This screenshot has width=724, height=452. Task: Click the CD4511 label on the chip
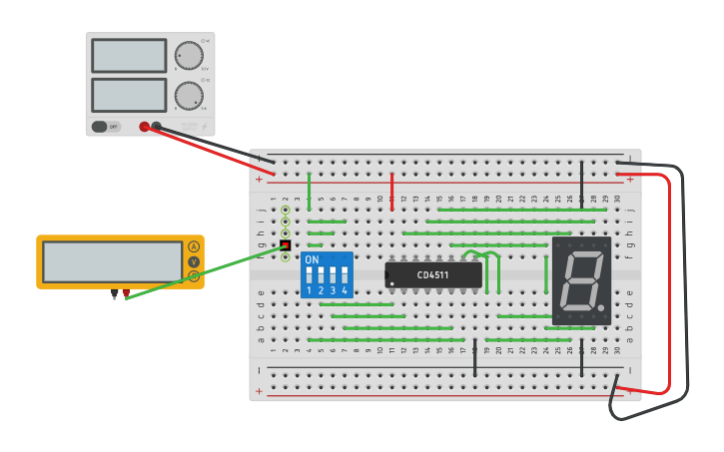(x=433, y=274)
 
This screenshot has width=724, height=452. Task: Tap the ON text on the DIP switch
(x=312, y=260)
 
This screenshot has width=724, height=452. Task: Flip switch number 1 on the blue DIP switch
(x=310, y=274)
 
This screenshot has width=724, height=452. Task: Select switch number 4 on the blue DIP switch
(x=345, y=274)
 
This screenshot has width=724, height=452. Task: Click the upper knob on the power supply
(x=188, y=55)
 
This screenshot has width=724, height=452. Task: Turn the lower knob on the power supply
(x=188, y=95)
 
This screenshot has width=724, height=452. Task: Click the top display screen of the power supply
(x=129, y=56)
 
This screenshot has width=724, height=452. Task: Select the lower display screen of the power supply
(x=129, y=95)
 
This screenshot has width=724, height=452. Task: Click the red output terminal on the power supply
(x=145, y=127)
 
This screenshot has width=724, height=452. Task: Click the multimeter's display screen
(x=112, y=261)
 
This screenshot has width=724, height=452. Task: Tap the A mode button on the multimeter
(x=194, y=246)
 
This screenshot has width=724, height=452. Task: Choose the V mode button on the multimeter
(x=194, y=261)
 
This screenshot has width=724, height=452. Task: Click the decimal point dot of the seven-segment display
(x=605, y=306)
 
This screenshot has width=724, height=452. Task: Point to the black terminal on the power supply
(x=157, y=127)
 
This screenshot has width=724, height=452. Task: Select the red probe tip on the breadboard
(x=285, y=245)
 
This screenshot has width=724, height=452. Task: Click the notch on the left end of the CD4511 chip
(x=388, y=274)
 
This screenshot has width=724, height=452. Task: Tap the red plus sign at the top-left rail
(x=260, y=180)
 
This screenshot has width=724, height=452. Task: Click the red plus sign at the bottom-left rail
(x=260, y=391)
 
